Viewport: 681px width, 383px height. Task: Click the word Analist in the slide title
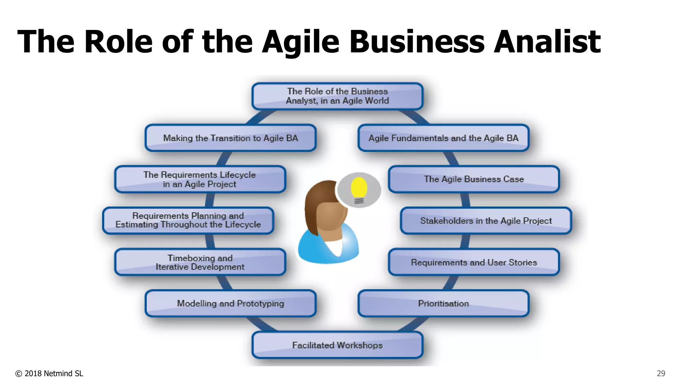tap(547, 42)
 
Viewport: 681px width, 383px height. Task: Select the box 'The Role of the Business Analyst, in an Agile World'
tap(337, 96)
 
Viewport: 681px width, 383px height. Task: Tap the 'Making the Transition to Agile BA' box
tap(230, 138)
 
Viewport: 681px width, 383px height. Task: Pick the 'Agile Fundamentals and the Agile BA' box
tap(443, 138)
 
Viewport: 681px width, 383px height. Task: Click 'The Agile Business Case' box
tap(474, 179)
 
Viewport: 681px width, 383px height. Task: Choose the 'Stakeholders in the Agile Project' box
tap(486, 221)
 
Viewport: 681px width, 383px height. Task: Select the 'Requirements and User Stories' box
tap(474, 262)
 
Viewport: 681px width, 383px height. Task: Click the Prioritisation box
tap(443, 304)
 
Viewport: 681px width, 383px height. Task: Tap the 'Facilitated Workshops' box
tap(337, 345)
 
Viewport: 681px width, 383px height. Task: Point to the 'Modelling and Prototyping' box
tap(230, 304)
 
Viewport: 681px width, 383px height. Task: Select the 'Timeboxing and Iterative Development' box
tap(200, 262)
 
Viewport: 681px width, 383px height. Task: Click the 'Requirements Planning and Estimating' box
tap(188, 220)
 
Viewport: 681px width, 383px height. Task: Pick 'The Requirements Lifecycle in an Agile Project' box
tap(200, 179)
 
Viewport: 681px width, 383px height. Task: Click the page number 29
tap(661, 373)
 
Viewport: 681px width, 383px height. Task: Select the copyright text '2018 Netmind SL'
tap(53, 373)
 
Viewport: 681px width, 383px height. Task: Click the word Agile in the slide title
tap(301, 42)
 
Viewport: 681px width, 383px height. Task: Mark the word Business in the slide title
tap(417, 42)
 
